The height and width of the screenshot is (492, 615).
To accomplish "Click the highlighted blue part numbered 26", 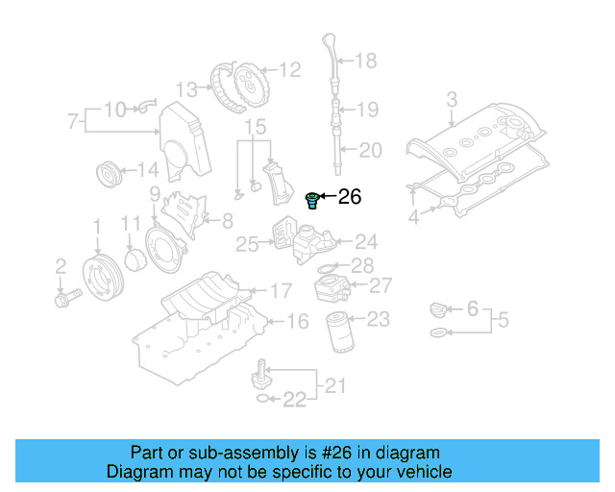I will [311, 200].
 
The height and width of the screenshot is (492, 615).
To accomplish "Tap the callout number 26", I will [350, 197].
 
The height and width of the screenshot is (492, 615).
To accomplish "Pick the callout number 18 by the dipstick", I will [366, 61].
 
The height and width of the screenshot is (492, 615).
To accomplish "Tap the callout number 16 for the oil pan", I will [298, 322].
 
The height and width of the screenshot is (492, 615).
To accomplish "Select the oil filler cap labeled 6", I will [437, 309].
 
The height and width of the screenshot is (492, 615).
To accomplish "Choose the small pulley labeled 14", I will [110, 176].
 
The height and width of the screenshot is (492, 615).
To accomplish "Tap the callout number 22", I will [293, 399].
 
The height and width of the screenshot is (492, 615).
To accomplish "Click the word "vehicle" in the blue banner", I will [419, 472].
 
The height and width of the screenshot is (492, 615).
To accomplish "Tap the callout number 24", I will [366, 242].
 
